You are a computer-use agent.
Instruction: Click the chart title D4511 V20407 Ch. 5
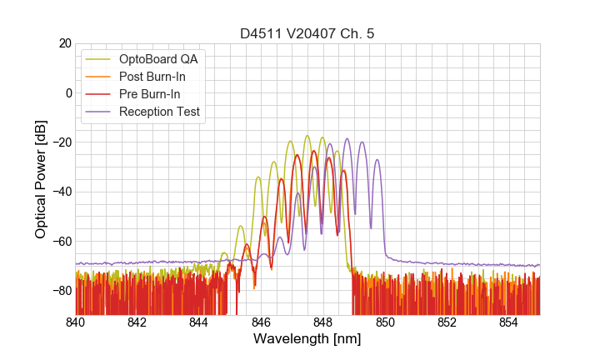click(307, 34)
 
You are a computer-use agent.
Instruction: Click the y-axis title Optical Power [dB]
click(41, 179)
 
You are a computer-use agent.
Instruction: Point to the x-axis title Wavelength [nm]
click(307, 340)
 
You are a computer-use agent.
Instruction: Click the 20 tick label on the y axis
click(62, 43)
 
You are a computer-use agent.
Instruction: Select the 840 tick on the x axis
click(76, 322)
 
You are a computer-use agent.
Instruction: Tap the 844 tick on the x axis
click(199, 322)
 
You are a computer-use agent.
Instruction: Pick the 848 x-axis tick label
click(323, 322)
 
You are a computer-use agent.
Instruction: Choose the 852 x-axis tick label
click(447, 322)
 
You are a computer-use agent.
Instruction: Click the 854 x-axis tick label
click(508, 322)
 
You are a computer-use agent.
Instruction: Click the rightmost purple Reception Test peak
click(377, 160)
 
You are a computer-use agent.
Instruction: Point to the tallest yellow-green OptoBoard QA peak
click(307, 136)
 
